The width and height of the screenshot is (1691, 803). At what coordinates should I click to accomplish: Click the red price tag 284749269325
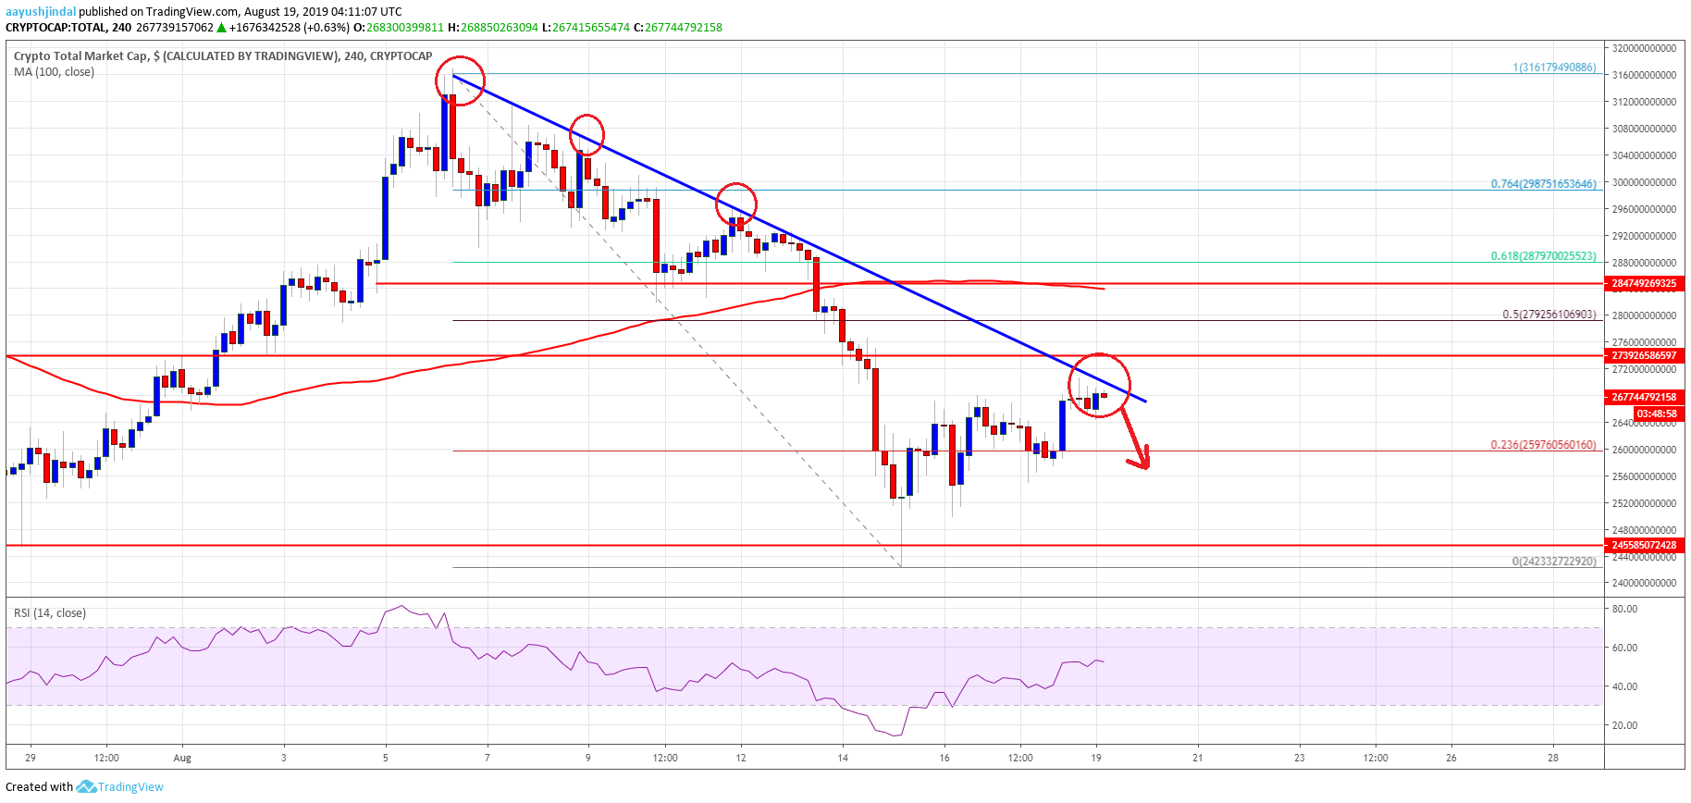click(x=1644, y=283)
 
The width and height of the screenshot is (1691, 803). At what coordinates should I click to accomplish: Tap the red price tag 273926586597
click(x=1644, y=355)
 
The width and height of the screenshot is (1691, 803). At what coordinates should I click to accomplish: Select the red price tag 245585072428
click(x=1644, y=545)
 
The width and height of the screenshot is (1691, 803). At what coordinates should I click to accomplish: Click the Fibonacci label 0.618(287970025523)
click(x=1543, y=256)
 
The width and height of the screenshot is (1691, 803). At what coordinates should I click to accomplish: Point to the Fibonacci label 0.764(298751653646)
click(x=1543, y=184)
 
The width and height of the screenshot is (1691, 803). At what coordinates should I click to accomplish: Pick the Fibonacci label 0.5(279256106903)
click(x=1549, y=315)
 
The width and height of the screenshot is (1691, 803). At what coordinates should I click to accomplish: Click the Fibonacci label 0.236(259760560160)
click(x=1543, y=445)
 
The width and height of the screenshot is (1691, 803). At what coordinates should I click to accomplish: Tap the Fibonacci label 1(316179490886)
click(x=1554, y=68)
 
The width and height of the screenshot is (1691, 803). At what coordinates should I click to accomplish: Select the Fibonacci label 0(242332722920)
click(x=1554, y=562)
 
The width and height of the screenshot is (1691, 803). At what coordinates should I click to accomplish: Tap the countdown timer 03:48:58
click(x=1655, y=414)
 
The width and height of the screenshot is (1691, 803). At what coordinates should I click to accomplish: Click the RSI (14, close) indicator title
click(x=50, y=613)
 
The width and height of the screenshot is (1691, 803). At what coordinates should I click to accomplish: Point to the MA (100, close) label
click(x=54, y=72)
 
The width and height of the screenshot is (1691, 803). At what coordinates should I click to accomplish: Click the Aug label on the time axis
click(x=182, y=758)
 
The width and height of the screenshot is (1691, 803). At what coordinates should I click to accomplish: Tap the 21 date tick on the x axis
click(x=1198, y=758)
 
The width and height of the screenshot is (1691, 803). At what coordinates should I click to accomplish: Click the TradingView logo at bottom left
click(x=120, y=787)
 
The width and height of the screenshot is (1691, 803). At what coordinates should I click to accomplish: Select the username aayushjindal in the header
click(x=41, y=12)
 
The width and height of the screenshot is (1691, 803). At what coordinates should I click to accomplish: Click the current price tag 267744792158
click(x=1644, y=397)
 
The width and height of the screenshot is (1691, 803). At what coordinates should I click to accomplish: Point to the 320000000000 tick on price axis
click(x=1644, y=48)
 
